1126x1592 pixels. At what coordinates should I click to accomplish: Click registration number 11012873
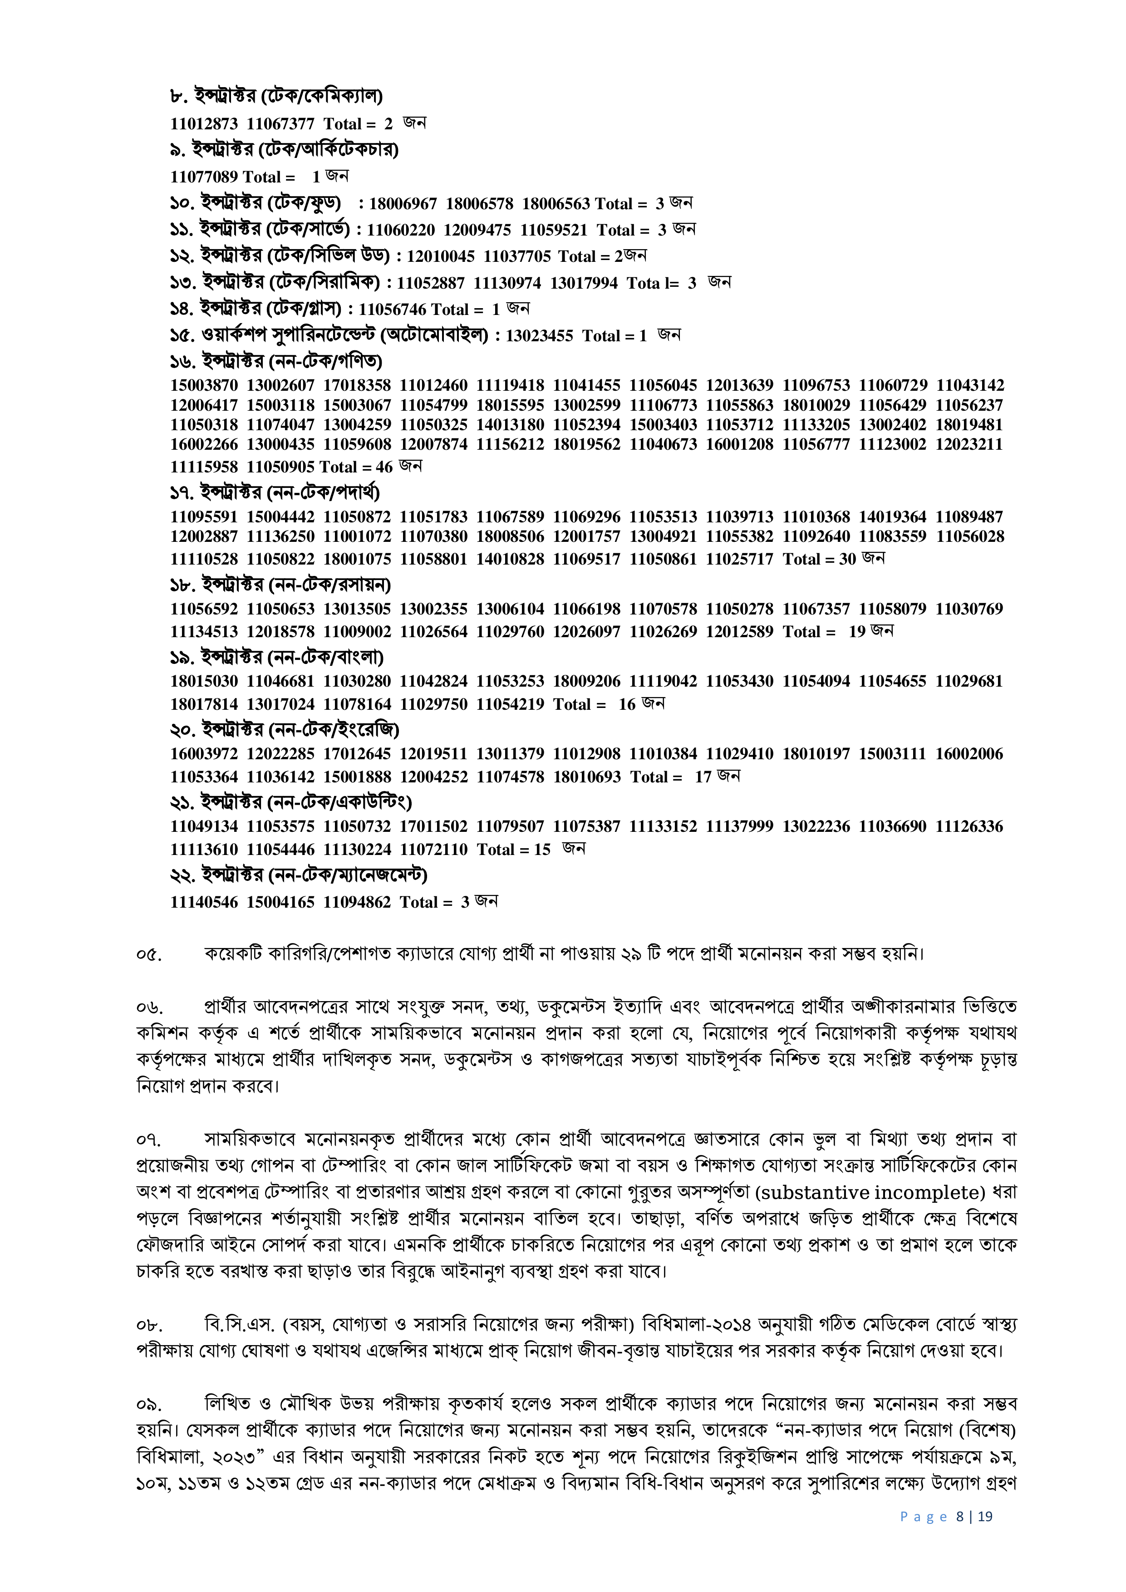(204, 124)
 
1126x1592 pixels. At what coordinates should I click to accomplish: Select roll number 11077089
(204, 177)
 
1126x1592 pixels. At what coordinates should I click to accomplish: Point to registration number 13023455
(540, 336)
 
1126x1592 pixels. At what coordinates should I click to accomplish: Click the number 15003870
(204, 385)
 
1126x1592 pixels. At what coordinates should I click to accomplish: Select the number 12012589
(739, 632)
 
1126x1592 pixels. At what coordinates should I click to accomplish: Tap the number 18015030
(204, 682)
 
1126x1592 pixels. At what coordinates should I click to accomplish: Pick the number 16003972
(204, 754)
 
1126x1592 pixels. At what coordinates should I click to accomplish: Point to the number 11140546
(204, 902)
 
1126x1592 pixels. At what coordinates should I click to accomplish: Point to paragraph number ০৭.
(149, 1139)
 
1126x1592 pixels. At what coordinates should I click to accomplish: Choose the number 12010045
(440, 256)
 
